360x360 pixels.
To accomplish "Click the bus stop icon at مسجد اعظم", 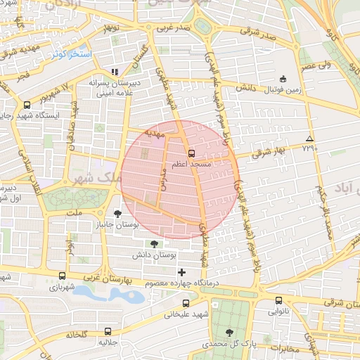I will tap(191, 152).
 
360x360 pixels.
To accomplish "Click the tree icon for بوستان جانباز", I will tap(117, 214).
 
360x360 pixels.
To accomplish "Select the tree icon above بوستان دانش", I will tap(154, 244).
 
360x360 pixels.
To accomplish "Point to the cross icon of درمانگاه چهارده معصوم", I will tap(182, 272).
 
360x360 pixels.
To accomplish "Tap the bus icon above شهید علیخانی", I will tap(186, 304).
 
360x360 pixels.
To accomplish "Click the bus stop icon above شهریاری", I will tap(63, 276).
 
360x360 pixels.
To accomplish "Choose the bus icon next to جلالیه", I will tap(108, 330).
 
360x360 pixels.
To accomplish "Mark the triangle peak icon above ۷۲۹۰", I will tap(309, 138).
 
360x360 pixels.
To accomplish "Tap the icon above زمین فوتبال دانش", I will tap(283, 79).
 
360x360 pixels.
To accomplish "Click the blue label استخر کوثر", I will tap(71, 53).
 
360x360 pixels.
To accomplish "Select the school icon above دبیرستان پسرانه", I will tap(115, 72).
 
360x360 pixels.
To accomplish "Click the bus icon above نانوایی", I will tap(278, 300).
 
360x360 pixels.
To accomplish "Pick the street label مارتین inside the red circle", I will tap(160, 179).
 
